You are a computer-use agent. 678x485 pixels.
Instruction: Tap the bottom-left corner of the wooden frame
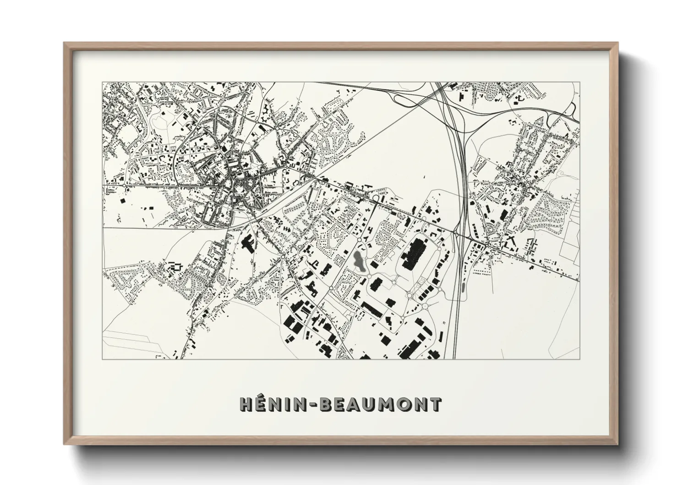[x=65, y=444]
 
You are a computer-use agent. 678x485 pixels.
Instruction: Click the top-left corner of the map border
[x=103, y=83]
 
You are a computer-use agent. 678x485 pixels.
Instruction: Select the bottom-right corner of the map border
[x=579, y=359]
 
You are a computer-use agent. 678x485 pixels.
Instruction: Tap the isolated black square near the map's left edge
[x=122, y=200]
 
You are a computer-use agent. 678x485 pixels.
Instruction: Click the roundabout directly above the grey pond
[x=358, y=240]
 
